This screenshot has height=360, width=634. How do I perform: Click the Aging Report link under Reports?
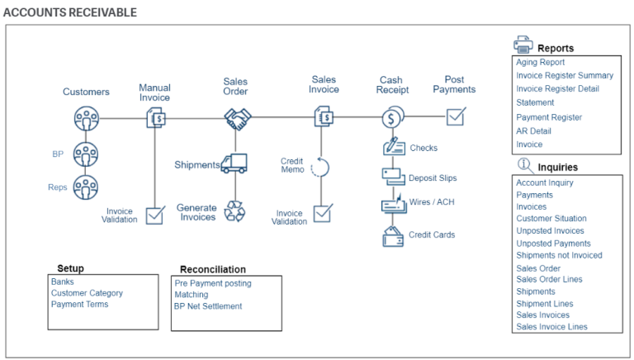pyautogui.click(x=540, y=62)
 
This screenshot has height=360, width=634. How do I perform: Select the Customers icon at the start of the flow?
pyautogui.click(x=86, y=120)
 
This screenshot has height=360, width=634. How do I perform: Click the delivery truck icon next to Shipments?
pyautogui.click(x=234, y=163)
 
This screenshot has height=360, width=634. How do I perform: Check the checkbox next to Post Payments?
pyautogui.click(x=456, y=117)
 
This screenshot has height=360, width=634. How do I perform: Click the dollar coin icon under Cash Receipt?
pyautogui.click(x=391, y=118)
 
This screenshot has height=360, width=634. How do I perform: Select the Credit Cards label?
pyautogui.click(x=432, y=235)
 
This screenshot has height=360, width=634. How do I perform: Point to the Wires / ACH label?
pyautogui.click(x=432, y=201)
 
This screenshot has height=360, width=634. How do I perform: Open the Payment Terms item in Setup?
pyautogui.click(x=79, y=305)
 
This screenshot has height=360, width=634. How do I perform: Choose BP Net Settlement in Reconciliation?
pyautogui.click(x=208, y=306)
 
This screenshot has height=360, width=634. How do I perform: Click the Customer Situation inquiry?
pyautogui.click(x=551, y=219)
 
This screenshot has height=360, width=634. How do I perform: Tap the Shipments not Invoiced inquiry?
pyautogui.click(x=559, y=255)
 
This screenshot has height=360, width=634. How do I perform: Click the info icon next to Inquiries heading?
pyautogui.click(x=524, y=165)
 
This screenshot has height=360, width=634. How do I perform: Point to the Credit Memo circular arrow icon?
pyautogui.click(x=320, y=168)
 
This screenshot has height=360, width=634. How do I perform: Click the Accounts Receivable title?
pyautogui.click(x=70, y=12)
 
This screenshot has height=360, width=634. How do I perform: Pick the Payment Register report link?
pyautogui.click(x=549, y=117)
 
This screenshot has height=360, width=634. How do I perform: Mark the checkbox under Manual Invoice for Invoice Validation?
pyautogui.click(x=154, y=216)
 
